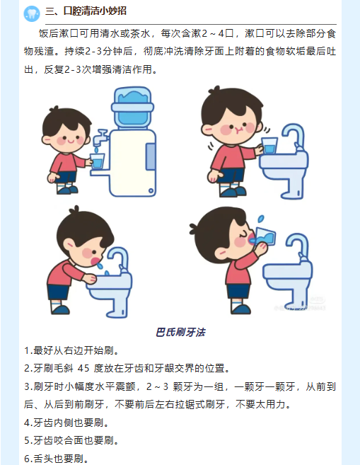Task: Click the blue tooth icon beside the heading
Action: (x=32, y=13)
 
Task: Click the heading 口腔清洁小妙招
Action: (x=95, y=11)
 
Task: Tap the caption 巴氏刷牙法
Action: (x=180, y=332)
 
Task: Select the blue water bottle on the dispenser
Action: (x=132, y=108)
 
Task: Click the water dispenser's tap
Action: (x=100, y=137)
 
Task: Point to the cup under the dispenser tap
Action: (x=97, y=161)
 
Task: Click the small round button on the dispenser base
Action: (x=151, y=190)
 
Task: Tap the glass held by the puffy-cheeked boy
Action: (x=269, y=145)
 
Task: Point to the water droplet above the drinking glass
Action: (x=261, y=219)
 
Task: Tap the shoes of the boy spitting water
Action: (x=60, y=309)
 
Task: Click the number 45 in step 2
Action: (x=83, y=368)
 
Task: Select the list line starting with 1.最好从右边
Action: (x=72, y=350)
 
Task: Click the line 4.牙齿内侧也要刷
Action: (x=67, y=423)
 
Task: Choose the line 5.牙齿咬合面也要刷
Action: (x=72, y=440)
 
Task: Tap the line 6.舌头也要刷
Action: (x=57, y=459)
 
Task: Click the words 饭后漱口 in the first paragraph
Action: (x=59, y=33)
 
